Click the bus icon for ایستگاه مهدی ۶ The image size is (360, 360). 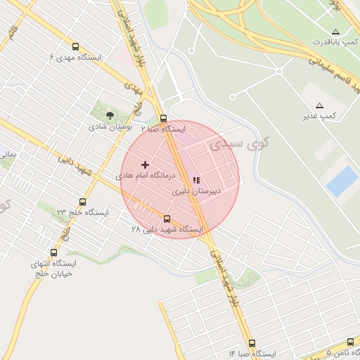click(x=75, y=46)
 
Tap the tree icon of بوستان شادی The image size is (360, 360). click(x=109, y=115)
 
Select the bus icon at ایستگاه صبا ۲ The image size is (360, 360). click(x=163, y=118)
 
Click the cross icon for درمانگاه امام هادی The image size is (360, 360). click(x=146, y=165)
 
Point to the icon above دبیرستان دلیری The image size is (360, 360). click(x=195, y=180)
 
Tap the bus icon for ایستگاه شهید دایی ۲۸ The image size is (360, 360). click(x=167, y=219)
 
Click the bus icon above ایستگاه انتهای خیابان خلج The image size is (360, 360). click(x=53, y=252)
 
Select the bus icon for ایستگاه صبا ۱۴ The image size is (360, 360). click(x=252, y=343)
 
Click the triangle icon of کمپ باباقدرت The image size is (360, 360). click(x=335, y=32)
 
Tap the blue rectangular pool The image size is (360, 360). click(x=342, y=181)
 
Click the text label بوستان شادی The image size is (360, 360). click(x=107, y=127)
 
